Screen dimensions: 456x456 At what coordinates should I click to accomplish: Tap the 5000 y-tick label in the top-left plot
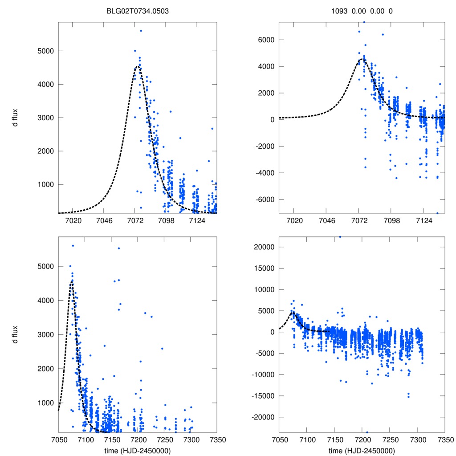pos(44,51)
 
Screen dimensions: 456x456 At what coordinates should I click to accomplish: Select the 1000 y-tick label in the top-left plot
pos(44,184)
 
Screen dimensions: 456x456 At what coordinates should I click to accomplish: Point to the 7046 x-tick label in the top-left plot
pos(103,221)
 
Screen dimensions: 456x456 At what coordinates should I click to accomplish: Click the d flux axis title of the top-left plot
pos(15,118)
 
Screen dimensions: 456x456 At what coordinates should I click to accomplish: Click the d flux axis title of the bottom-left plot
pos(15,334)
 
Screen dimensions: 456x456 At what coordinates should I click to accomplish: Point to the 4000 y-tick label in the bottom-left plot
pos(44,301)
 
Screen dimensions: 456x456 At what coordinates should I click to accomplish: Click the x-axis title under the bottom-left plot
pos(137,450)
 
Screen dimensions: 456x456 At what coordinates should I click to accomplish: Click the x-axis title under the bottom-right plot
pos(362,450)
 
